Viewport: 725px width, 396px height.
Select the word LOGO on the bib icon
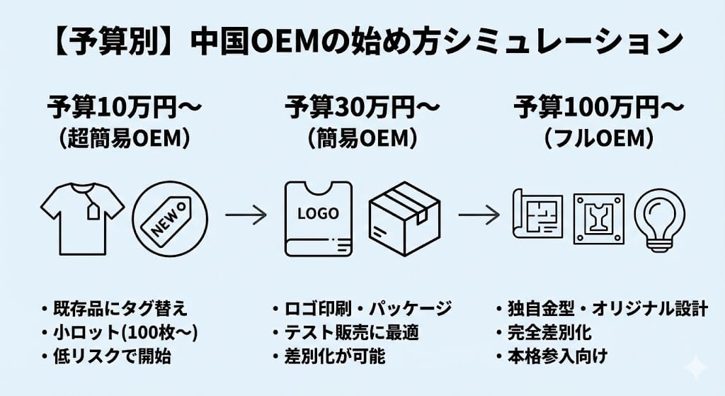(x=319, y=213)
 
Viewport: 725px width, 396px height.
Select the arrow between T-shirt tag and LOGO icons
(x=246, y=213)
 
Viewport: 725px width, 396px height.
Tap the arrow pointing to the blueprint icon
(x=479, y=213)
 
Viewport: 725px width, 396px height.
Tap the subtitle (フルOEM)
(x=598, y=139)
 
